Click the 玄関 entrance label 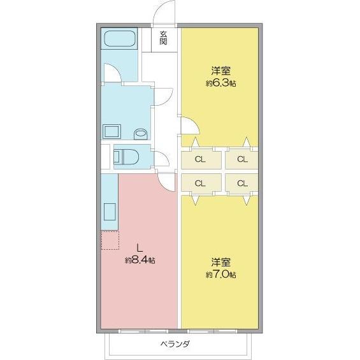[x=164, y=38]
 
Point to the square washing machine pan [x=112, y=131]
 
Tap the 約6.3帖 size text [x=221, y=83]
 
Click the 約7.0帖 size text [x=221, y=275]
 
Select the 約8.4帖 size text [x=140, y=260]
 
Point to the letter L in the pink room [x=140, y=248]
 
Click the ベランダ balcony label [x=174, y=345]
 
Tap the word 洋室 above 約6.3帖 [x=221, y=71]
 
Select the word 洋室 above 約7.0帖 [x=221, y=263]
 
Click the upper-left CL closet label [x=200, y=159]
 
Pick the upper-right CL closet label [x=241, y=159]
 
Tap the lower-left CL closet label [x=200, y=184]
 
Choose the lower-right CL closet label [x=241, y=184]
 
